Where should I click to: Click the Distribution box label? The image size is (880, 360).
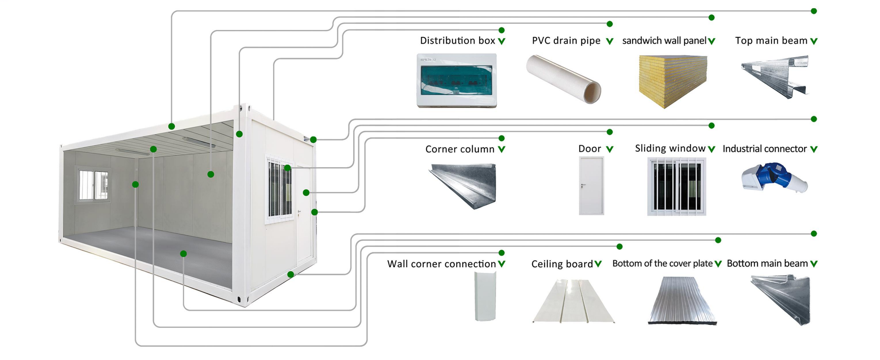457,41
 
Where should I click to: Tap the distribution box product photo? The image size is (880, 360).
456,80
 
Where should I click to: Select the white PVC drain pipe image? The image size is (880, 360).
564,79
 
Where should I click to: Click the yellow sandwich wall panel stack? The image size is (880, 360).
673,81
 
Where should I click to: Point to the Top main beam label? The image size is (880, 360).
771,41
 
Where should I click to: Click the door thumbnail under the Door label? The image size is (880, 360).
591,186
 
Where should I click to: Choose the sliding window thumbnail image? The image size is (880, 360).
676,186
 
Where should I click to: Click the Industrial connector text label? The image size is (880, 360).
765,149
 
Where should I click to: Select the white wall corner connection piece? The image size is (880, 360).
485,296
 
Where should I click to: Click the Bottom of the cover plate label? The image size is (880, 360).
662,264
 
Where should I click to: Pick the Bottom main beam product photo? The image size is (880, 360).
782,300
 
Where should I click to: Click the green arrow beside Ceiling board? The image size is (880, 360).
598,264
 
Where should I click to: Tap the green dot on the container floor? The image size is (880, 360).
183,254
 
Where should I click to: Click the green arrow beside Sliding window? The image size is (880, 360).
711,149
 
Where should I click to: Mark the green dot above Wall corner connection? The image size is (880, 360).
501,253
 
